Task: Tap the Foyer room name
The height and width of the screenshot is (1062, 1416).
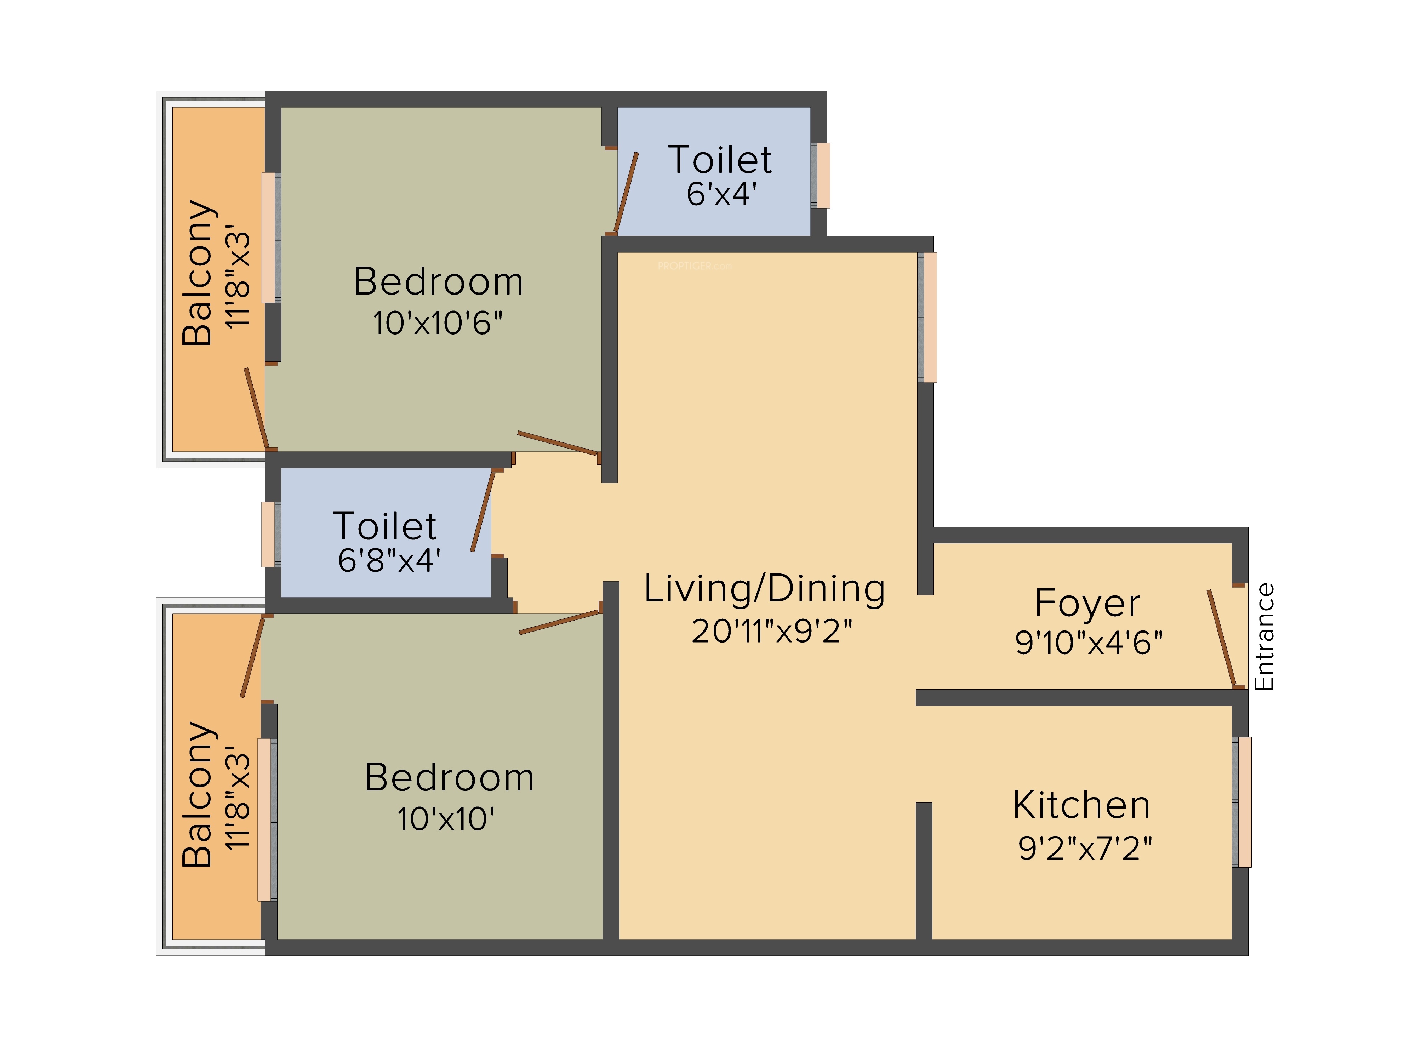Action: [x=1087, y=603]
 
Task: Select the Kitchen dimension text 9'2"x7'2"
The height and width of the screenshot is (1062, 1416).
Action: [x=1085, y=848]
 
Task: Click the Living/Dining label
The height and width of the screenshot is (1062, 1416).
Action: [x=765, y=589]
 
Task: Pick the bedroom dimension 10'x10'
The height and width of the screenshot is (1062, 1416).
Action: [x=446, y=819]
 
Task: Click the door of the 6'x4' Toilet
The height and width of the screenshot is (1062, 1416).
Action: [x=626, y=192]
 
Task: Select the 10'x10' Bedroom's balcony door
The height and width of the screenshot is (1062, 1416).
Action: [x=252, y=657]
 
